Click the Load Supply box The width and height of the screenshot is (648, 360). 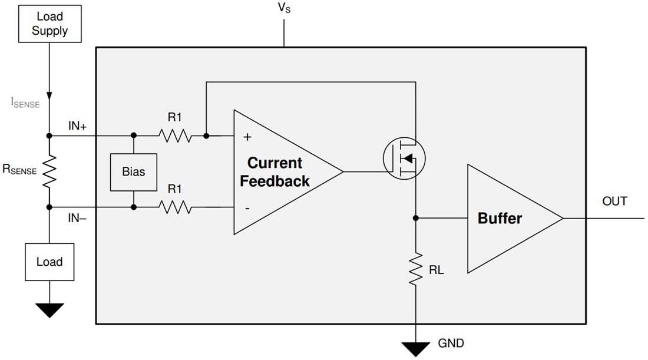click(49, 24)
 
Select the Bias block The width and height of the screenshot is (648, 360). click(134, 172)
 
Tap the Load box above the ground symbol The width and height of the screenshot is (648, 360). click(49, 262)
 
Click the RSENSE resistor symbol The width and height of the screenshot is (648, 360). click(49, 171)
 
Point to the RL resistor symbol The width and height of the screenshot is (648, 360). click(416, 269)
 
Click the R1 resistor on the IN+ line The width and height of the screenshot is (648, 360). click(174, 136)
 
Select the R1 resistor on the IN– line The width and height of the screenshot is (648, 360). click(174, 207)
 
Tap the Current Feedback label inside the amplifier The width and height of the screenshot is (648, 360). click(275, 172)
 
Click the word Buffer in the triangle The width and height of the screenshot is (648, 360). click(500, 219)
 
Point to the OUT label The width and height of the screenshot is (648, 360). click(614, 202)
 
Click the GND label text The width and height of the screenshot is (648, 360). click(451, 344)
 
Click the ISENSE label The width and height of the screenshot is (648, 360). click(25, 103)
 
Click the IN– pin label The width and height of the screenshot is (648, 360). click(77, 218)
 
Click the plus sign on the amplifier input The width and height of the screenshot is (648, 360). click(247, 137)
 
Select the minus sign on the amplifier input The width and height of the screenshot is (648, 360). click(247, 208)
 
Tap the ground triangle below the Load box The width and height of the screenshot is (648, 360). click(49, 309)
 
